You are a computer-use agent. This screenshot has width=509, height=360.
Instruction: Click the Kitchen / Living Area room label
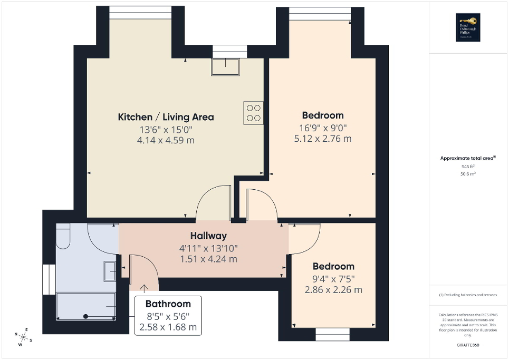pos(166,117)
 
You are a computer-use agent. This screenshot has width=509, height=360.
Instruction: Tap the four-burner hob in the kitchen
pos(253,113)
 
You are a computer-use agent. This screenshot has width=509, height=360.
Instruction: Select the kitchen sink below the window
pos(225,66)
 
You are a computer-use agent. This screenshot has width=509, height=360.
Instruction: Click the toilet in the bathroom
pos(63,236)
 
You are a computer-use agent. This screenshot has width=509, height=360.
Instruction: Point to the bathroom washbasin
pos(110,270)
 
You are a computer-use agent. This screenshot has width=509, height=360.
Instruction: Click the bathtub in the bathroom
pos(85,306)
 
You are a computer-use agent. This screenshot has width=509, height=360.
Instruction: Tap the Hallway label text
pos(208,236)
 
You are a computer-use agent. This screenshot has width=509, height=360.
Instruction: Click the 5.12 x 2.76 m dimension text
pos(322,139)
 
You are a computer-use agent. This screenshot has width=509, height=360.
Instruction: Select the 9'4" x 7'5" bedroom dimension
pos(333,278)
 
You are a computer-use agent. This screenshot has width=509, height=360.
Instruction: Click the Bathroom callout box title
pos(168,304)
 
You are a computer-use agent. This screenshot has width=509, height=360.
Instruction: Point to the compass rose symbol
pos(24,336)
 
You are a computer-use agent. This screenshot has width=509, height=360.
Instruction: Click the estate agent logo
pos(466,27)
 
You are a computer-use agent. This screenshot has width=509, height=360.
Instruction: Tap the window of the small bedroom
pos(332,333)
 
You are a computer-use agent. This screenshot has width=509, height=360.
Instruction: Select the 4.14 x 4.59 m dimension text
pos(166,141)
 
